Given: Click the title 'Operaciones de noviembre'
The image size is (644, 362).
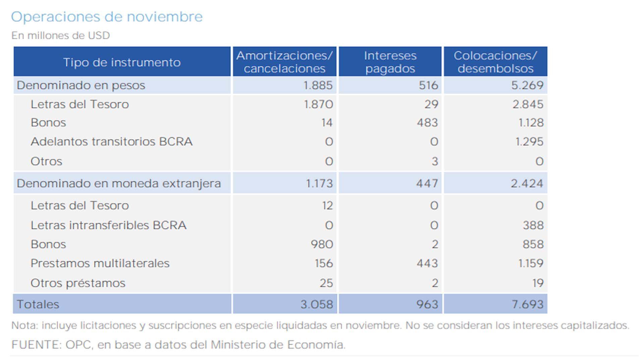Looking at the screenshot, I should pos(107,17).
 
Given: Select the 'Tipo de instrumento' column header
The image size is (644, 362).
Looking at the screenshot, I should pos(122,62).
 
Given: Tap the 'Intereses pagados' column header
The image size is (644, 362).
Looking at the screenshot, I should pos(390,62).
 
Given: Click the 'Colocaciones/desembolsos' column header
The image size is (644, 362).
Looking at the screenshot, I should pos(495,62).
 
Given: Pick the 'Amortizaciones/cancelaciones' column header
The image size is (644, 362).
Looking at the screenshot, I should pos(284,62).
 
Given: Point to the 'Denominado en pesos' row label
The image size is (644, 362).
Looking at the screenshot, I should pos(81,85).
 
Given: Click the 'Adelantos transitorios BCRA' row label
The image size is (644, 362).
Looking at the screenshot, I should pos(111,141).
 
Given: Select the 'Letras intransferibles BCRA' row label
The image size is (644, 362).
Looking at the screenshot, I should pos(108,225).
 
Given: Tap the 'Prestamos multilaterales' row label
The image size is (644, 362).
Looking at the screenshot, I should pos(100,263).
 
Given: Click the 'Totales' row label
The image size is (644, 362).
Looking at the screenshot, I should pos(38,304).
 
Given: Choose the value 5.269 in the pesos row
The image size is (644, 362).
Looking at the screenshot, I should pos(527,85).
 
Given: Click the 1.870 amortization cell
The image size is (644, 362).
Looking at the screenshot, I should pos(318,104).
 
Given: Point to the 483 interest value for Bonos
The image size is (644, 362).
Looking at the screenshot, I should pos(427,123).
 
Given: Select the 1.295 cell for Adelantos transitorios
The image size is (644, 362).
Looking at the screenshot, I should pos(529,141).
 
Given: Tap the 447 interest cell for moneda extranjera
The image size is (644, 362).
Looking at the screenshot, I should pos(427,184).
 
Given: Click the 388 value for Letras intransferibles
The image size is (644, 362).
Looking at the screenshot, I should pos(533,225).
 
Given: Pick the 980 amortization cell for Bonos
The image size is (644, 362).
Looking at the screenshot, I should pos(321,244).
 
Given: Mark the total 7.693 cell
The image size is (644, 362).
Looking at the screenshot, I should pos(527,304).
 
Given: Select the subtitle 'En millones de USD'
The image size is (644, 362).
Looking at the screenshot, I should pos(60,36).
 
